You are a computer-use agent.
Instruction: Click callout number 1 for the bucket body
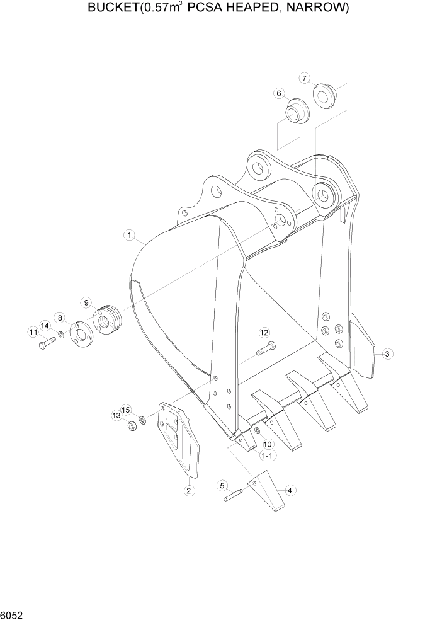(x=129, y=236)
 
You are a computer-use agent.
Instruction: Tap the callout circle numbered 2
(x=189, y=490)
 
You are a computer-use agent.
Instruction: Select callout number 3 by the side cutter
(x=388, y=354)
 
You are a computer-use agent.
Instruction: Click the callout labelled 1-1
(x=266, y=455)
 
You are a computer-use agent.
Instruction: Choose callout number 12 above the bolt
(x=264, y=332)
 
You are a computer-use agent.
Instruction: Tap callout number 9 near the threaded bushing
(x=87, y=302)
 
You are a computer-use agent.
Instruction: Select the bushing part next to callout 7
(x=326, y=95)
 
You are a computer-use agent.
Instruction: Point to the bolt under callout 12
(x=266, y=347)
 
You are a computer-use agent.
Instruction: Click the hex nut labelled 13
(x=132, y=427)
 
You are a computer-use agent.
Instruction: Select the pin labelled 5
(x=232, y=496)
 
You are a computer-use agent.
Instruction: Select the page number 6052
(x=14, y=614)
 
